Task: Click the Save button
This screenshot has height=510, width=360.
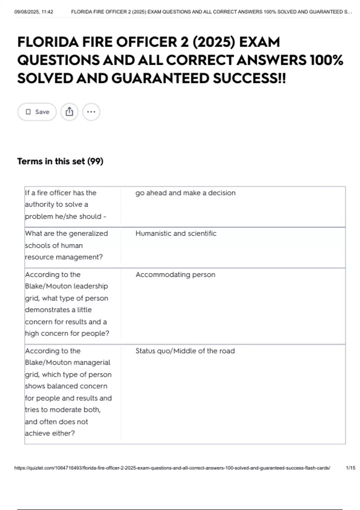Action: [37, 112]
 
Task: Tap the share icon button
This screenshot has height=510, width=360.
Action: [69, 112]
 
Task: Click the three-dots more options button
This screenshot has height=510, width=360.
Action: [91, 112]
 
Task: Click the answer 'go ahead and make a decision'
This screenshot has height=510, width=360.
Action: [185, 193]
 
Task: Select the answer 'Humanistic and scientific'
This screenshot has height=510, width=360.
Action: [176, 233]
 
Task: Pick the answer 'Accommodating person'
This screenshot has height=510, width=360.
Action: [175, 274]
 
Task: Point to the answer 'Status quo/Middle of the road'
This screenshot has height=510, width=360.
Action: [185, 351]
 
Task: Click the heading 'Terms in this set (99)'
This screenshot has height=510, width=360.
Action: [60, 161]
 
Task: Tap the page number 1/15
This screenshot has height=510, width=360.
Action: [350, 468]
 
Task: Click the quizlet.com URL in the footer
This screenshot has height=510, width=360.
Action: [172, 468]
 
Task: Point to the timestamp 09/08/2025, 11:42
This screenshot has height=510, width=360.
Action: [34, 12]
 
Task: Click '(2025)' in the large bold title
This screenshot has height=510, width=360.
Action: [214, 42]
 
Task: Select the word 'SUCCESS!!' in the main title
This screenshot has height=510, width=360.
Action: [249, 79]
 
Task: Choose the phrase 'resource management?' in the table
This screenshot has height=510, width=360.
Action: [64, 257]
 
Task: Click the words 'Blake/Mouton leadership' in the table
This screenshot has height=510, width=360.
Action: [66, 286]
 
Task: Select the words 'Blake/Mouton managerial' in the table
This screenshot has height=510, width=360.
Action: [67, 362]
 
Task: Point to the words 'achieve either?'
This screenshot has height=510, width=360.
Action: [50, 433]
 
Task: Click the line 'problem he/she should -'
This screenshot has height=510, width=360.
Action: [65, 216]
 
